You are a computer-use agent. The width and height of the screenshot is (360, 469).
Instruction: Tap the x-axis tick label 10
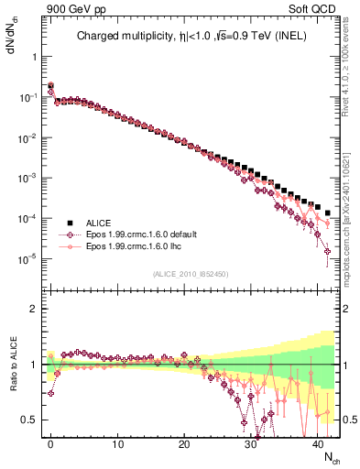[117, 442]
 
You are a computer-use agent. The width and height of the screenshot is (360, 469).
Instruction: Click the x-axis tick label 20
[184, 442]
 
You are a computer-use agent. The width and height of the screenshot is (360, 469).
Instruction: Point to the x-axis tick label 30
[251, 442]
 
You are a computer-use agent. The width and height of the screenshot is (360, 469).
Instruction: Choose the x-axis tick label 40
[318, 442]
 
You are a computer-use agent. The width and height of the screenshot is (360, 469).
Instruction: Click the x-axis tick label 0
[50, 442]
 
